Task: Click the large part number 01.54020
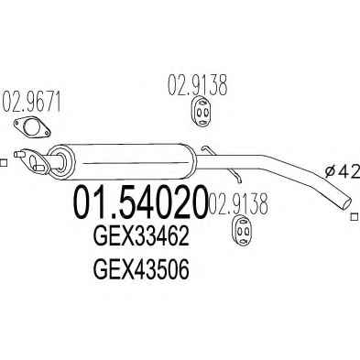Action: [x=139, y=202]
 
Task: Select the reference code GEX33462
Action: [x=141, y=237]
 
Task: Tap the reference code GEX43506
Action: [x=141, y=269]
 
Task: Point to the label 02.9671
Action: [x=31, y=102]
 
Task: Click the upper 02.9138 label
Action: [x=197, y=84]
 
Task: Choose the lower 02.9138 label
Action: [x=238, y=202]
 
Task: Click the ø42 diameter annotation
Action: [x=342, y=172]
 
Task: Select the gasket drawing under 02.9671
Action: [x=31, y=127]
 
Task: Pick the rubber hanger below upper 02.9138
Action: [x=202, y=112]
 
